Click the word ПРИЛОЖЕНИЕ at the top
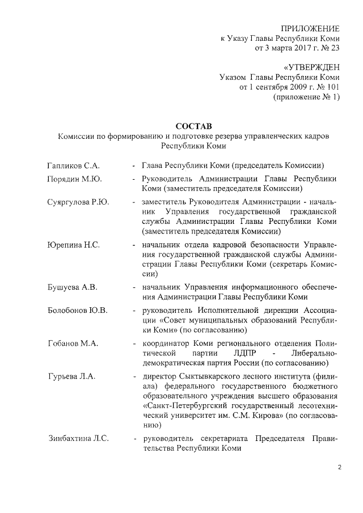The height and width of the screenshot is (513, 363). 311,28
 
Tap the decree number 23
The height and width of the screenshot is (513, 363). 334,49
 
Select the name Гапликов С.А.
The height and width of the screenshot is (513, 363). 73,166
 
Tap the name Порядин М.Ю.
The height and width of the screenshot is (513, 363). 74,179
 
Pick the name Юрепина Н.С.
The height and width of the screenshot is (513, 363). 74,245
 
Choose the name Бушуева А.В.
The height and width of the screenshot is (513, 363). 72,287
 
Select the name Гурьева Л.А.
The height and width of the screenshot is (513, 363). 71,376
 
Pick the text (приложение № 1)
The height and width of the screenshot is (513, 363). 307,97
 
